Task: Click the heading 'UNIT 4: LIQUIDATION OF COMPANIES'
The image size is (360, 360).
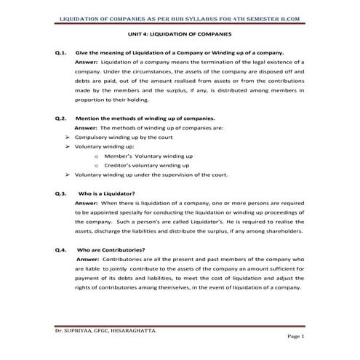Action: (x=180, y=34)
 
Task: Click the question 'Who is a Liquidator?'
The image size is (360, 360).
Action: (x=105, y=194)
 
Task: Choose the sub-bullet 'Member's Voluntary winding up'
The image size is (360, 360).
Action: (x=148, y=156)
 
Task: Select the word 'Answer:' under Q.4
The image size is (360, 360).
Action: (x=88, y=259)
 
